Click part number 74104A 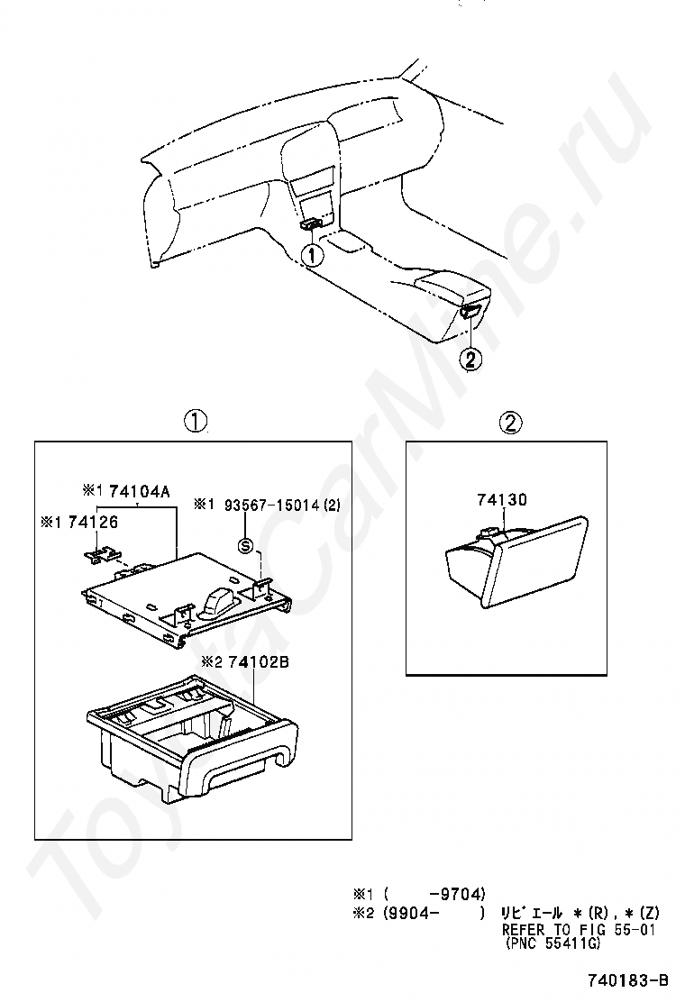coord(139,491)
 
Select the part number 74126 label coord(94,522)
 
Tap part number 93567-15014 coord(271,506)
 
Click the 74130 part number coord(502,499)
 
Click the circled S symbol coord(246,546)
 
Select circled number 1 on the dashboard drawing coord(313,255)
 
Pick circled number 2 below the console coord(470,360)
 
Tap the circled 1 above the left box coord(195,421)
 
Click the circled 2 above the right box coord(510,422)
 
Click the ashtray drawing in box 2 coord(515,561)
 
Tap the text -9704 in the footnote coord(458,893)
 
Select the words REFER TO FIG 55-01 coord(579,929)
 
